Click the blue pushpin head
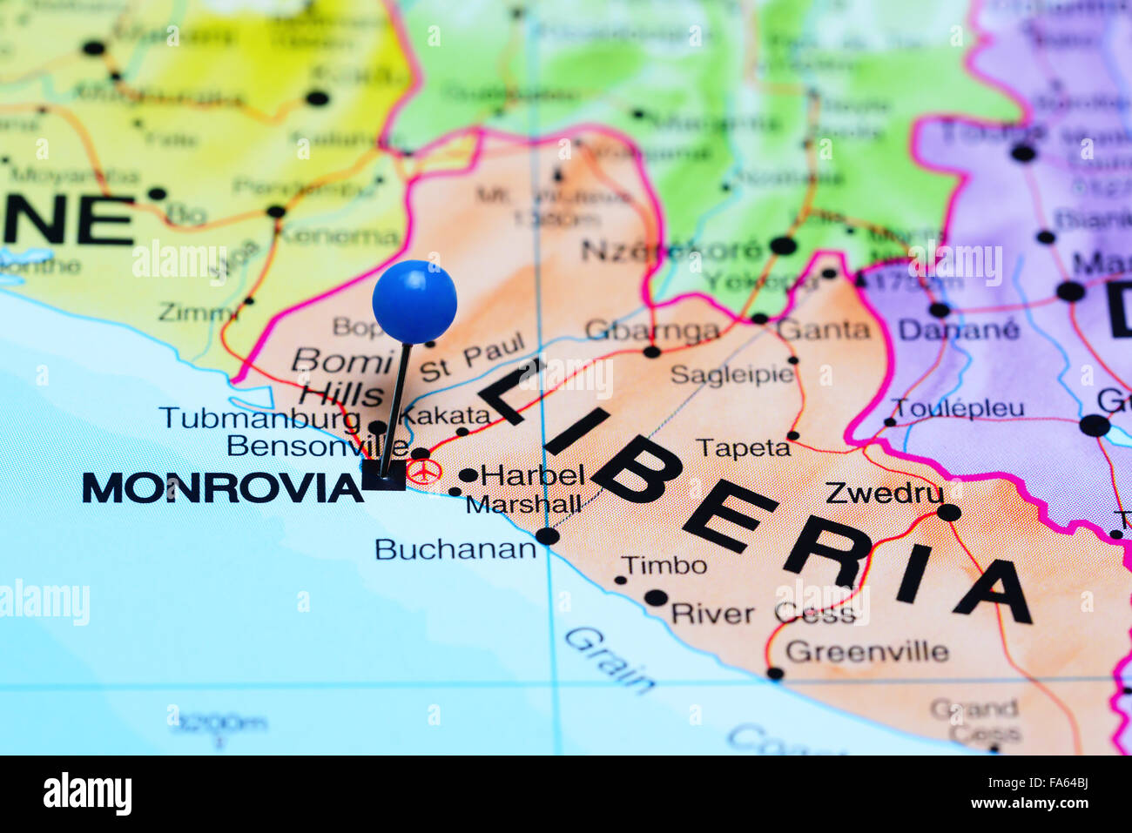coord(414,301)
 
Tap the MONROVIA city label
coord(222,488)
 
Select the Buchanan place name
coord(455,549)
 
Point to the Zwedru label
coord(884,493)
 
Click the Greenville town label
coord(866,651)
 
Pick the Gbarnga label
coord(652,331)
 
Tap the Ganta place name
coord(823,329)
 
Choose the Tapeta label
coord(743,448)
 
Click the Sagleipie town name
coord(732,374)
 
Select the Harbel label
coord(532,475)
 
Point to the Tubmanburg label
coord(259,419)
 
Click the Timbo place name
coord(664,566)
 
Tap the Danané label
coord(958,330)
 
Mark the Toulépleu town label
coord(958,408)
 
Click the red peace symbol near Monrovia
coord(424,472)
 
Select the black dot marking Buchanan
coord(547,535)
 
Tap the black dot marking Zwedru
coord(948,513)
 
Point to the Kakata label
coord(446,414)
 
